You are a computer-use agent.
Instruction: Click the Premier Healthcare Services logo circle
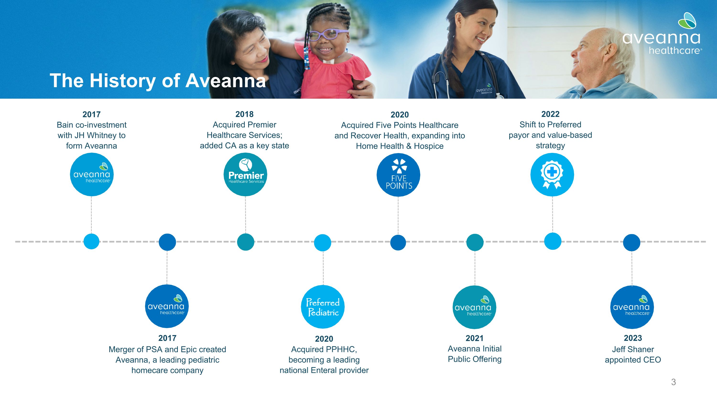point(245,174)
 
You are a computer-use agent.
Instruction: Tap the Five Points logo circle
point(398,175)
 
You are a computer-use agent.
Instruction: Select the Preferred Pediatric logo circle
point(323,307)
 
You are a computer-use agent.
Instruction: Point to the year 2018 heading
point(244,114)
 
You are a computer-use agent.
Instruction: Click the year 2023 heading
point(633,338)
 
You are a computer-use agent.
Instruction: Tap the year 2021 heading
point(475,338)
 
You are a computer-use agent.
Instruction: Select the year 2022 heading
point(550,114)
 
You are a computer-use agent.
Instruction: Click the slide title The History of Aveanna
point(158,81)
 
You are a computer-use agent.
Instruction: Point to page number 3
point(674,382)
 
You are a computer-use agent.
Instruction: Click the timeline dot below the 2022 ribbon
point(553,241)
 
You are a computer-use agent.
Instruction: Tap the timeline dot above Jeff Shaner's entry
point(631,242)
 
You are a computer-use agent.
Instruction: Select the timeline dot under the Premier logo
point(245,242)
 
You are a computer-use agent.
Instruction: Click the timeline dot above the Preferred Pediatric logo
point(323,243)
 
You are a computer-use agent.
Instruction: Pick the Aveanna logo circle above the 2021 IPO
point(474,307)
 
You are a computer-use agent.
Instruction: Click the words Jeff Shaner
point(633,349)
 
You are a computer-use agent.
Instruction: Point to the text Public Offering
point(475,359)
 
